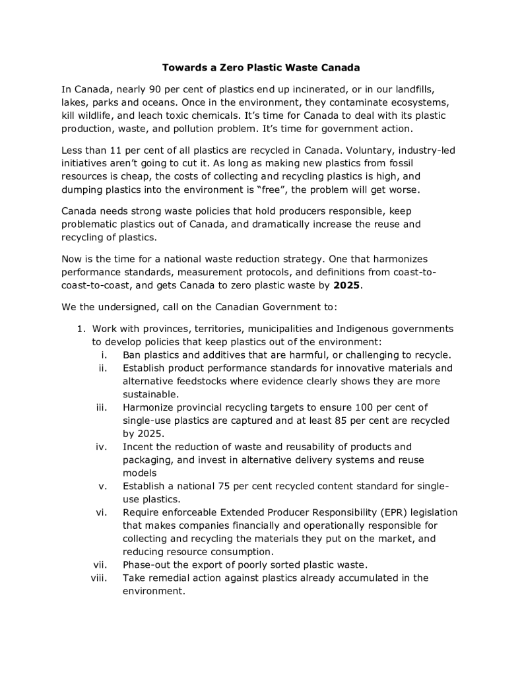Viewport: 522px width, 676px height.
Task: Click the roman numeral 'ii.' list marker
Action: tap(103, 368)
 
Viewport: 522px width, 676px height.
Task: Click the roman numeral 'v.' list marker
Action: tap(103, 487)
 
